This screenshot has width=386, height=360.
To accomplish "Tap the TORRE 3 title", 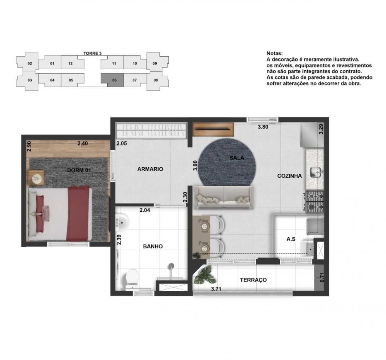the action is tap(93, 53).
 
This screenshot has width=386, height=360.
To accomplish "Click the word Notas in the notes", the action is tap(274, 53).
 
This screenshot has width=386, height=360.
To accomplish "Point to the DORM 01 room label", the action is tap(79, 170).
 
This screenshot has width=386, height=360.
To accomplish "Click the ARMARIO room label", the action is tap(150, 169).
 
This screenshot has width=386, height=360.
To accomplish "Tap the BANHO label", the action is tap(153, 246).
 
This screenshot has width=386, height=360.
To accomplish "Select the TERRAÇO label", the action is tap(253, 280).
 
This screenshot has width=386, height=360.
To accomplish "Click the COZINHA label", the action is tap(289, 176).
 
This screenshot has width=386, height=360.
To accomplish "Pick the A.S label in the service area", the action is tap(291, 239).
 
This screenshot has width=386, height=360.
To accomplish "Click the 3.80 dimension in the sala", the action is tap(263, 127).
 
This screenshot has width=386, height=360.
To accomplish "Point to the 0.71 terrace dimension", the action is tap(322, 277).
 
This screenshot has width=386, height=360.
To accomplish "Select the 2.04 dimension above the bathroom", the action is tap(145, 210).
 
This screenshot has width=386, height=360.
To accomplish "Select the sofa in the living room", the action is tap(223, 197).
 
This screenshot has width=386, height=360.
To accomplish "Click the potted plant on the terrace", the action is tap(205, 275).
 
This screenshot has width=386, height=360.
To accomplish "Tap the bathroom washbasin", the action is tap(122, 221).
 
